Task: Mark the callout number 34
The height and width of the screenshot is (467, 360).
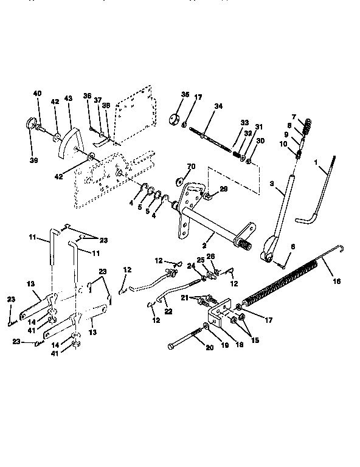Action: click(x=218, y=107)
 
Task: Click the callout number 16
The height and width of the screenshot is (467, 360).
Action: click(x=337, y=282)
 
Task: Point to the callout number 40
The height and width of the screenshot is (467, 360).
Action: click(x=38, y=94)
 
